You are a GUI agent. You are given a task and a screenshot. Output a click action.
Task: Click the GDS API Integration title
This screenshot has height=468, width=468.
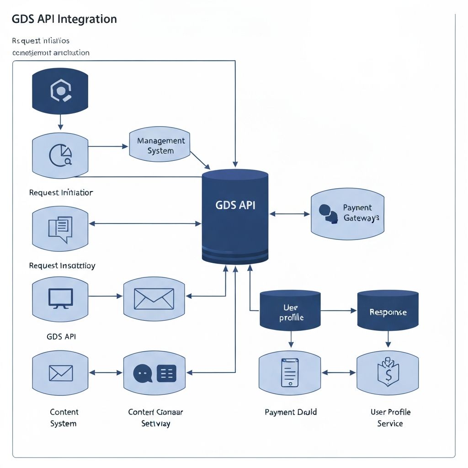64,19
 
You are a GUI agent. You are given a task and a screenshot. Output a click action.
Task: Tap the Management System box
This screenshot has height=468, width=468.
160,145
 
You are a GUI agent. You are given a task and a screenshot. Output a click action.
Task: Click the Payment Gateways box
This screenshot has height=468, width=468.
347,214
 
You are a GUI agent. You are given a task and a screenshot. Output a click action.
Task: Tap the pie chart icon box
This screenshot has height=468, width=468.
60,155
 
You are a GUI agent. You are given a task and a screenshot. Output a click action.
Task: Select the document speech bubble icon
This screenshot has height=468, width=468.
60,229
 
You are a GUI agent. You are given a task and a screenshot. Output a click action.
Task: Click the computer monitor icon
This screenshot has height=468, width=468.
60,297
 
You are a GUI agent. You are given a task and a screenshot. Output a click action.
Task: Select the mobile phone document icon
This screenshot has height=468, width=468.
290,373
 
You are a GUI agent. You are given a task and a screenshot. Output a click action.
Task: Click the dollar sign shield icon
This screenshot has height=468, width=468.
388,373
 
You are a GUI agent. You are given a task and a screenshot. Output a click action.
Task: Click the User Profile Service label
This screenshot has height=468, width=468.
390,418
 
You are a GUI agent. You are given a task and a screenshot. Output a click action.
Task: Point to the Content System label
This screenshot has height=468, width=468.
64,418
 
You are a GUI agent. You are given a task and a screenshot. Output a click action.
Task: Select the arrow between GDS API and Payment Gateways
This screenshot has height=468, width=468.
290,213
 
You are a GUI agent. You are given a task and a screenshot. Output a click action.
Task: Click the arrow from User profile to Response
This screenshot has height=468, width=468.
338,310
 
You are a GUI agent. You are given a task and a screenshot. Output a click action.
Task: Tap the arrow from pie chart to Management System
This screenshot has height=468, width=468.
108,146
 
